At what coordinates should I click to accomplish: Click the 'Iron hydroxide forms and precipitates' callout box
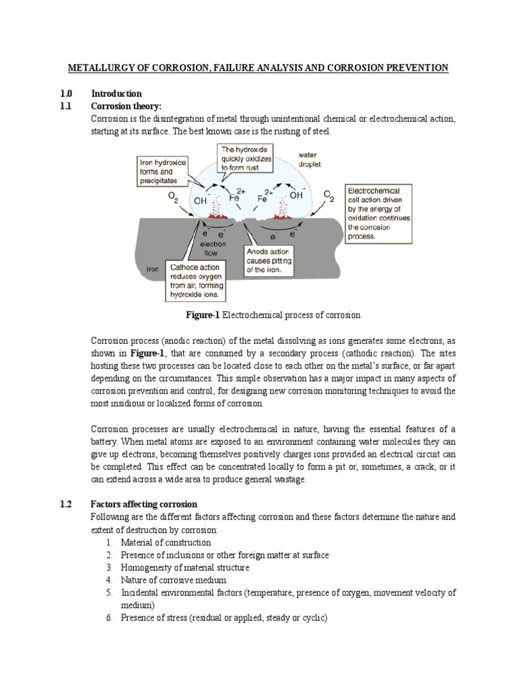pyautogui.click(x=163, y=171)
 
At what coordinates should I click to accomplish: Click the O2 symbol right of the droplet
pyautogui.click(x=329, y=195)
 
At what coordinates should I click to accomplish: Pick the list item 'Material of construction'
pyautogui.click(x=166, y=542)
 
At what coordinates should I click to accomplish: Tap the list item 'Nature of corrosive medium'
pyautogui.click(x=173, y=580)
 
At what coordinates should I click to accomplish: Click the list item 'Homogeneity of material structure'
pyautogui.click(x=184, y=567)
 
